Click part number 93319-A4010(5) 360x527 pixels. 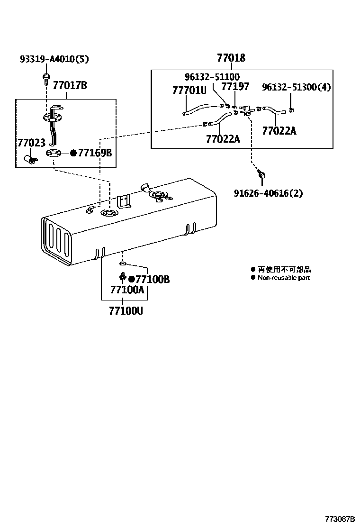point(54,59)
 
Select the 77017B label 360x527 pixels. point(70,86)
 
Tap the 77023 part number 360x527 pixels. point(31,143)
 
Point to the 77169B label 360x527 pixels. point(95,153)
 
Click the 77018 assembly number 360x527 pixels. point(231,58)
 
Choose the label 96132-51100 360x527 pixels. point(212,77)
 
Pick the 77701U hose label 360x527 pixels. point(189,90)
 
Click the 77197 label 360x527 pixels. point(235,87)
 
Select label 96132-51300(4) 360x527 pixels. point(297,87)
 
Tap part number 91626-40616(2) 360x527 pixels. point(268,193)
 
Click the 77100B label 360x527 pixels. point(152,279)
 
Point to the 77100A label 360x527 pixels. point(126,290)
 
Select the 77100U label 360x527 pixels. point(126,311)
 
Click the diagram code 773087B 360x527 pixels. point(340,519)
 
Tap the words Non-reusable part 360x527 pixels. point(283,278)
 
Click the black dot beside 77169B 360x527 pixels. point(73,153)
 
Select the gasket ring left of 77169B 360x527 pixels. point(54,153)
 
